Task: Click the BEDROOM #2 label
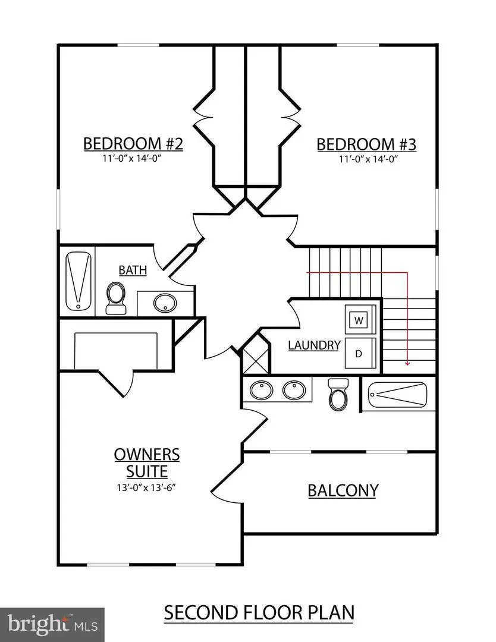(133, 144)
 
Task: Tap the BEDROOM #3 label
(366, 144)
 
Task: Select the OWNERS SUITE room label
(147, 463)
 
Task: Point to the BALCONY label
(343, 490)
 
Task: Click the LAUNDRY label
(315, 345)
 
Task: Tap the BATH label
(133, 270)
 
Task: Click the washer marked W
(359, 320)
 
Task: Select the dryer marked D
(359, 353)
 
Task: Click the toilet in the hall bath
(115, 297)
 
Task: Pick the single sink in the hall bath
(164, 304)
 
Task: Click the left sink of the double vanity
(260, 391)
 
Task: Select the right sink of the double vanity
(293, 391)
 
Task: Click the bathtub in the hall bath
(78, 281)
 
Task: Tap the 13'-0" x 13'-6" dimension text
(147, 487)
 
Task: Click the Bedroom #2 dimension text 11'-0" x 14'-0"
(133, 159)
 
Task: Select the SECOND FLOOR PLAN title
(258, 612)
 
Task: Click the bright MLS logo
(52, 625)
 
